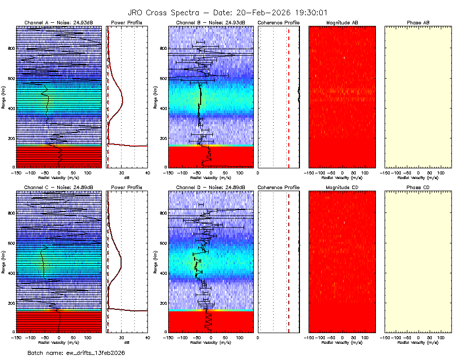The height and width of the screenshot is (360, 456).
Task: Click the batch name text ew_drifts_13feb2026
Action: [76, 352]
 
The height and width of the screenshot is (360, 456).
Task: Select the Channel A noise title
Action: [59, 23]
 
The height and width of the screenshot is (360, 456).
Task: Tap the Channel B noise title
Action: [210, 23]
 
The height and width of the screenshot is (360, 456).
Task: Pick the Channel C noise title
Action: [59, 187]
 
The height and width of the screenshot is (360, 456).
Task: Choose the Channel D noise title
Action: [210, 187]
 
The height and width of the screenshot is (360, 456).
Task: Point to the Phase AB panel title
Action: [418, 23]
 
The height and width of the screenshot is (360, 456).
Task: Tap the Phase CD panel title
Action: [418, 187]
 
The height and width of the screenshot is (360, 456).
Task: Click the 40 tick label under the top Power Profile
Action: [147, 173]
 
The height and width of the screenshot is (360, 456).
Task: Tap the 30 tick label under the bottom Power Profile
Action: [121, 337]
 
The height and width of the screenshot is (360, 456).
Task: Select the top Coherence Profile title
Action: [279, 23]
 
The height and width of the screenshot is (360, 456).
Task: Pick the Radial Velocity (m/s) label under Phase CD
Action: [418, 342]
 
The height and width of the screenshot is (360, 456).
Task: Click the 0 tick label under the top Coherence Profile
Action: [258, 173]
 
